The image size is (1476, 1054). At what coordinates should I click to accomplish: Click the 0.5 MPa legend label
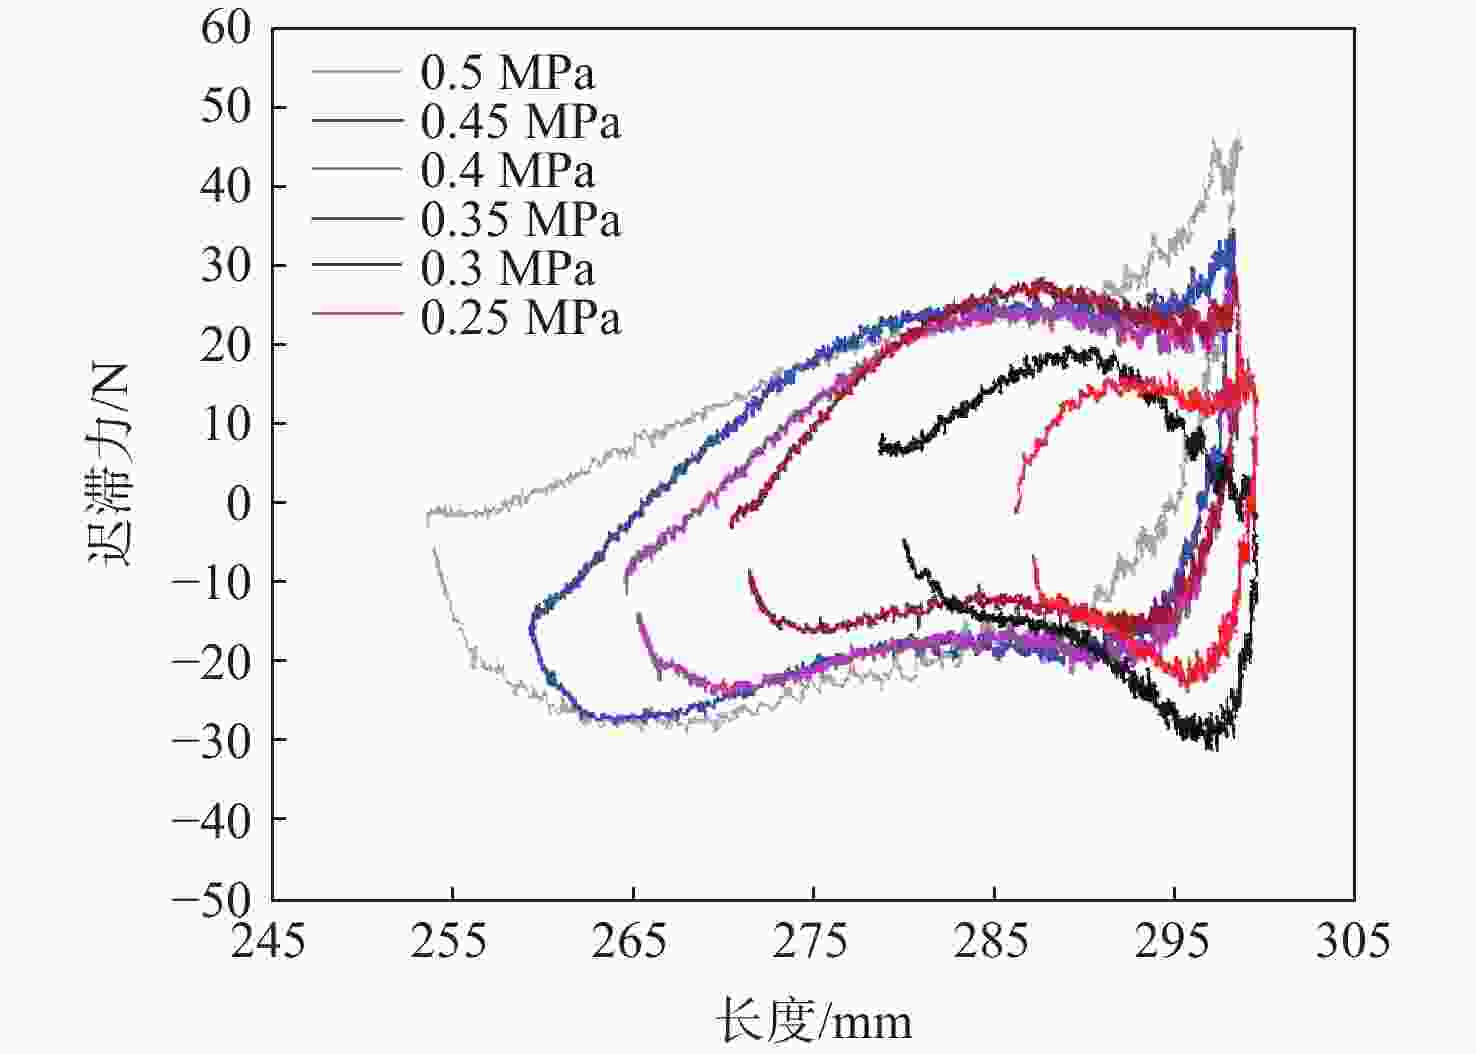pyautogui.click(x=507, y=73)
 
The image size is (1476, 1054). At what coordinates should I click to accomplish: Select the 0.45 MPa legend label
pyautogui.click(x=520, y=122)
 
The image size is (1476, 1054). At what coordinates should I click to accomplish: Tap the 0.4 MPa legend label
pyautogui.click(x=507, y=170)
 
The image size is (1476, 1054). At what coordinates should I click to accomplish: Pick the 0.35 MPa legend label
pyautogui.click(x=520, y=219)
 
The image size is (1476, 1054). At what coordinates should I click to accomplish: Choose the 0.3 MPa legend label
pyautogui.click(x=507, y=268)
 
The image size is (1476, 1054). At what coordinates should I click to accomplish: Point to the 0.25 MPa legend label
pyautogui.click(x=520, y=317)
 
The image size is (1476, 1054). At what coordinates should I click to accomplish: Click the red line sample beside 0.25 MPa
pyautogui.click(x=356, y=316)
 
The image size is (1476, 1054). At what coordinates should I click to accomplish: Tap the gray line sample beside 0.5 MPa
pyautogui.click(x=356, y=72)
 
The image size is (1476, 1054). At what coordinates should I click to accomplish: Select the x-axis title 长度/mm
pyautogui.click(x=813, y=1022)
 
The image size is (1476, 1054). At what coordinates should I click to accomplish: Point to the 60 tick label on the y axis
pyautogui.click(x=226, y=28)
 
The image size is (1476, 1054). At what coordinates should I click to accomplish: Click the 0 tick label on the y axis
pyautogui.click(x=239, y=502)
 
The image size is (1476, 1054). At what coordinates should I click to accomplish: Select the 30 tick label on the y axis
pyautogui.click(x=226, y=265)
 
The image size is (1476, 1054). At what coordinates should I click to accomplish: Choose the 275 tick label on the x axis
pyautogui.click(x=811, y=941)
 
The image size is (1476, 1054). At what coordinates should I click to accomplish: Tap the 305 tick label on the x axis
pyautogui.click(x=1352, y=941)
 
